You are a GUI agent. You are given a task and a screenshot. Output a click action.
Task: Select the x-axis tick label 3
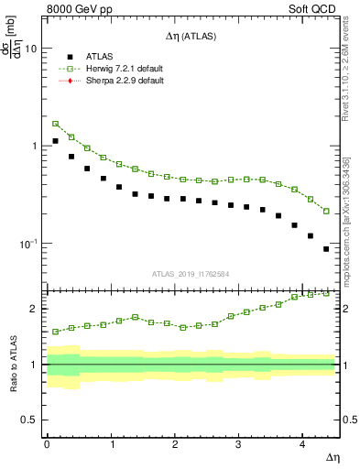click(x=238, y=444)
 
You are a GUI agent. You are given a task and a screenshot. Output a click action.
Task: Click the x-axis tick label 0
click(x=47, y=444)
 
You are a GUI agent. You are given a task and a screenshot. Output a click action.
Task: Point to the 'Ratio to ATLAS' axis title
click(x=11, y=365)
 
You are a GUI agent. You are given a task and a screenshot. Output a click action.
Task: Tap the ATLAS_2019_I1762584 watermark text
click(x=191, y=274)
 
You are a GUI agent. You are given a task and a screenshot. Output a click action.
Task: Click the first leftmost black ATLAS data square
click(x=55, y=141)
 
